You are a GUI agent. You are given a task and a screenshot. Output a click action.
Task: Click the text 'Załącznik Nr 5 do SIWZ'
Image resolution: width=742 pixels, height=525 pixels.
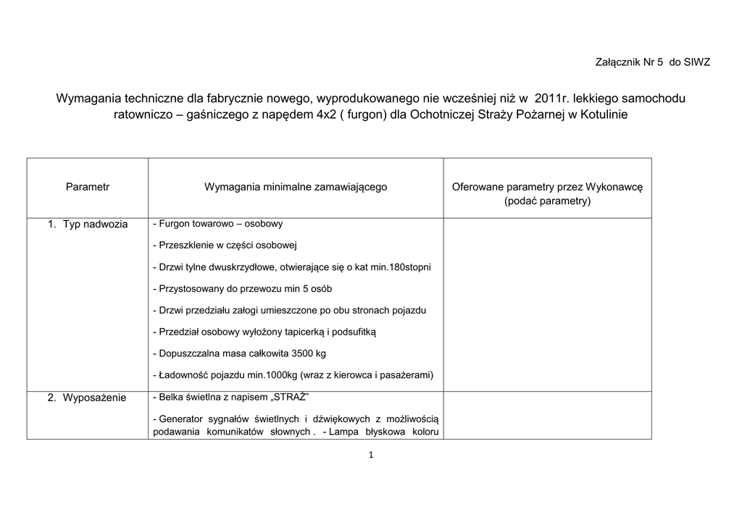652,62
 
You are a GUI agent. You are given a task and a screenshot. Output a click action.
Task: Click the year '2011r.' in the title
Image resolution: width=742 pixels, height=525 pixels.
551,98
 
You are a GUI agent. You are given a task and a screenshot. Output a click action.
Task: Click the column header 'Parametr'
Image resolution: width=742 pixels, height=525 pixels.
88,187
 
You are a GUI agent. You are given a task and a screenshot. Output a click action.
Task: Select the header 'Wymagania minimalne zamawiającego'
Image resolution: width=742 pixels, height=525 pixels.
296,187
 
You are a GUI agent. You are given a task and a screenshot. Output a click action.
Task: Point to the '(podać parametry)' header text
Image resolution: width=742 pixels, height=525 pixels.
547,201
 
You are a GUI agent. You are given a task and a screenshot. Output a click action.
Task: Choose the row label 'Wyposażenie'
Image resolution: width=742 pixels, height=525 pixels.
94,398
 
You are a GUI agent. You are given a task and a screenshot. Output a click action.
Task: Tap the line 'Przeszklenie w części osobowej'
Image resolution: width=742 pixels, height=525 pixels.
226,245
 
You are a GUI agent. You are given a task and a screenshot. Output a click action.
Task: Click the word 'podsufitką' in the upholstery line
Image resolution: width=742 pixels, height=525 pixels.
354,332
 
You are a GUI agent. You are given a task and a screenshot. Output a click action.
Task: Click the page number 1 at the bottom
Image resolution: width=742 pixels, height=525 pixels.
371,455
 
